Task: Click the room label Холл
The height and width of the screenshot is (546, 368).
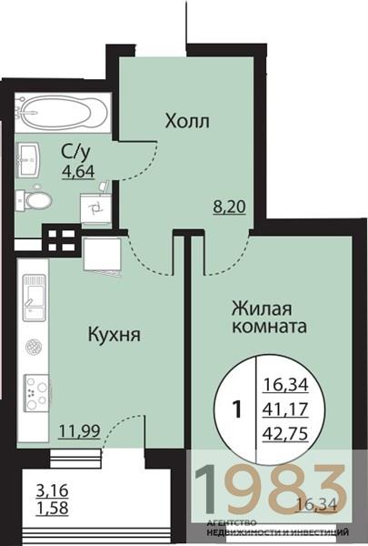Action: pyautogui.click(x=187, y=121)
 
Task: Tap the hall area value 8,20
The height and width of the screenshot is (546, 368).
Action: pyautogui.click(x=227, y=207)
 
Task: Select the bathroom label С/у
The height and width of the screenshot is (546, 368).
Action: pyautogui.click(x=75, y=152)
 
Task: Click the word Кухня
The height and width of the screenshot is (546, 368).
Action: pyautogui.click(x=113, y=334)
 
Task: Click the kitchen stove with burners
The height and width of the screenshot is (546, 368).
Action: pyautogui.click(x=35, y=393)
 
